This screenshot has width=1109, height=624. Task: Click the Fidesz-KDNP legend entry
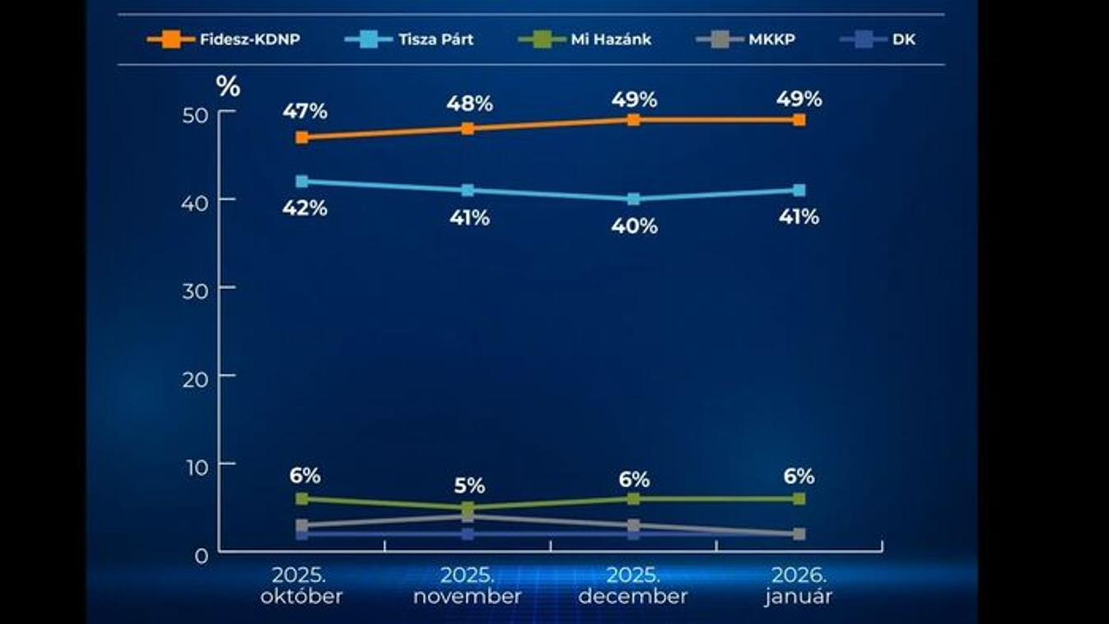tap(223, 39)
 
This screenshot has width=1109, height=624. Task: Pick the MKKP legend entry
tap(746, 39)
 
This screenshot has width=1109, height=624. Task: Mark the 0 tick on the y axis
tap(203, 555)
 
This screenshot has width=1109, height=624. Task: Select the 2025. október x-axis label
tap(301, 585)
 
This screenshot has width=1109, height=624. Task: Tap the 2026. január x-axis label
tap(798, 585)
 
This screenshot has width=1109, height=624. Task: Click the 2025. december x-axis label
tap(632, 585)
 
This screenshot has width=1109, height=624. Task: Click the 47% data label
tap(305, 110)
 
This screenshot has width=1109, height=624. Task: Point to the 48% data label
tap(469, 104)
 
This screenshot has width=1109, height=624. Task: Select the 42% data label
tap(305, 208)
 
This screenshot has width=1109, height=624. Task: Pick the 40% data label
tap(634, 226)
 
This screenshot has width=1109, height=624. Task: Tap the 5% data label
tap(469, 486)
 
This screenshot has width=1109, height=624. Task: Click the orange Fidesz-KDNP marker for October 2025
tap(302, 137)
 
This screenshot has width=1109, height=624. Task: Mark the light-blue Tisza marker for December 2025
tap(633, 199)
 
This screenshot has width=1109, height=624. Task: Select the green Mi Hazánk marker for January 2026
tap(799, 499)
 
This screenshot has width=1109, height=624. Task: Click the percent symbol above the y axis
tap(227, 86)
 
